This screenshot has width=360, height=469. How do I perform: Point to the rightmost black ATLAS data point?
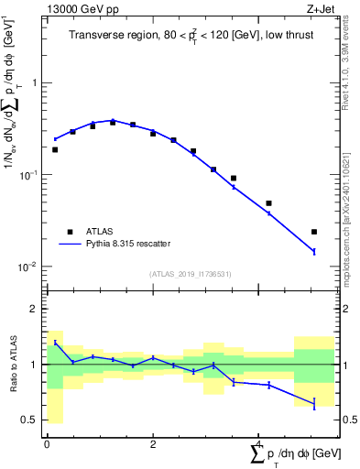[314, 232]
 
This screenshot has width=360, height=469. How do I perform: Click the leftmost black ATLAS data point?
[55, 149]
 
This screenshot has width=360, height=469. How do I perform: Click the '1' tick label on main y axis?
[35, 82]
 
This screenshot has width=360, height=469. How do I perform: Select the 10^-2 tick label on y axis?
[30, 267]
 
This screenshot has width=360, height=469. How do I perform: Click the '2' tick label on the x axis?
[153, 444]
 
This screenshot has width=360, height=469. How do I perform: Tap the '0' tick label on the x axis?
[47, 444]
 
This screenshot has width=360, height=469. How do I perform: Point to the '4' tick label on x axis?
[259, 444]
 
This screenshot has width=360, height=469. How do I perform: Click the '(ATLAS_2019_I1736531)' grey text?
[190, 273]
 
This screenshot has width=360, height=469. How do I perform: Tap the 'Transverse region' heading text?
[114, 36]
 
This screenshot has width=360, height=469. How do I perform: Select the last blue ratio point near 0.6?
[314, 404]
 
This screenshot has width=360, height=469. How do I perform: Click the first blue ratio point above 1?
[55, 343]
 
